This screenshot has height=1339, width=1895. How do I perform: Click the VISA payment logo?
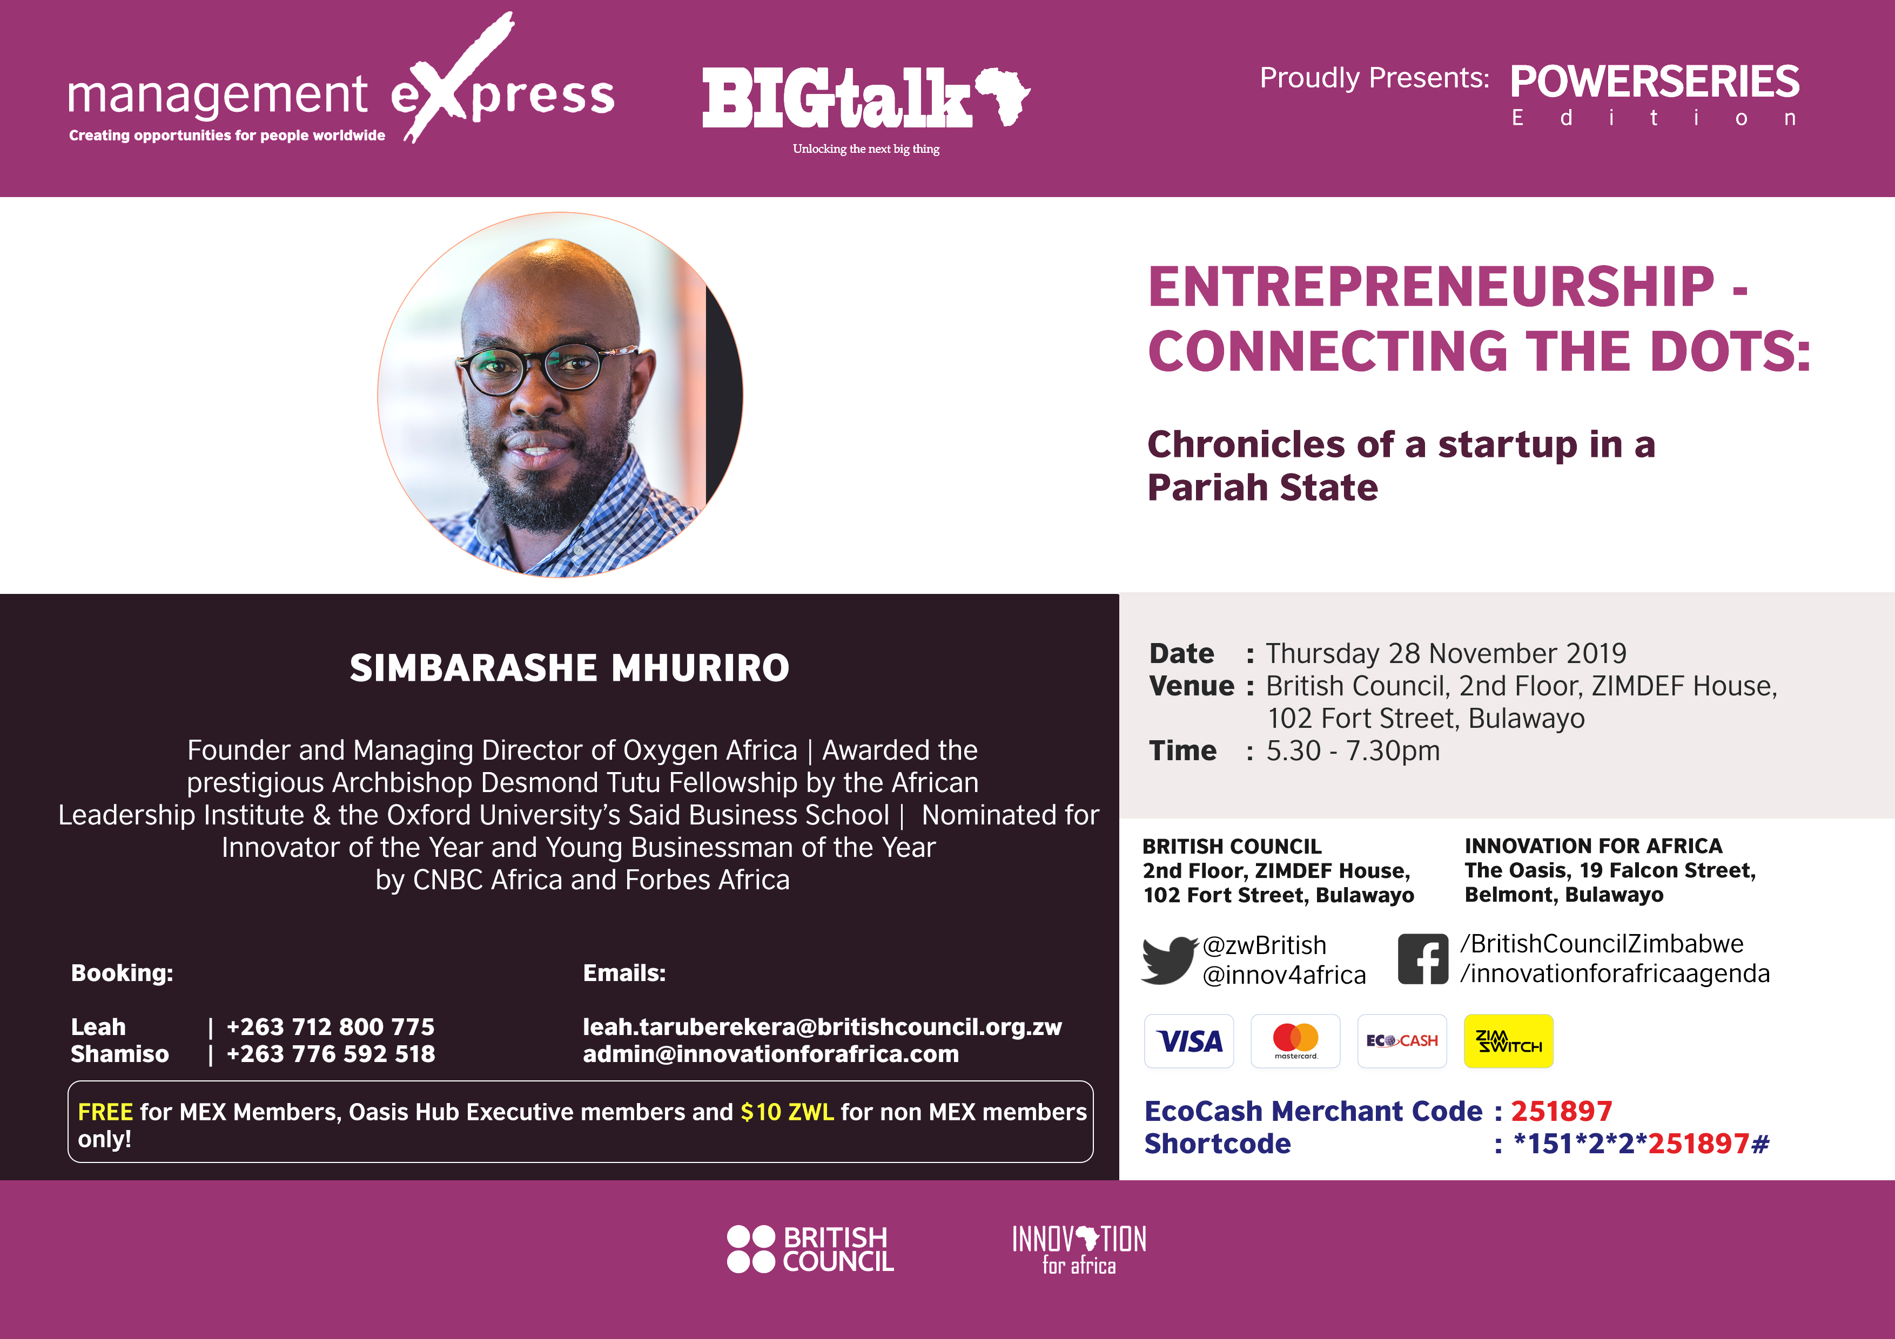pos(1188,1041)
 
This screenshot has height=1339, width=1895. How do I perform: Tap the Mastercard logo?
pos(1295,1041)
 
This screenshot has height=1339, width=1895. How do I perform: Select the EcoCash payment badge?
pos(1401,1041)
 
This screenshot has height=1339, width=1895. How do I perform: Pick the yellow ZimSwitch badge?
pos(1508,1041)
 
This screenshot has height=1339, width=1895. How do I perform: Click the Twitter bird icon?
pos(1168,959)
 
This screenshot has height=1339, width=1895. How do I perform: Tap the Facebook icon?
pos(1423,959)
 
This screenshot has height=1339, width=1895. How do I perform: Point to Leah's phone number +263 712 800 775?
pos(330,1026)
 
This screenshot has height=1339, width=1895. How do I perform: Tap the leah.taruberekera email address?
pos(822,1026)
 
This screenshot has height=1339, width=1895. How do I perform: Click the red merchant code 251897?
pos(1562,1111)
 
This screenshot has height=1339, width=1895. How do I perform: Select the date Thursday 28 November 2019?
pos(1446,653)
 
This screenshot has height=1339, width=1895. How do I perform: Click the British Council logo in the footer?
pos(810,1249)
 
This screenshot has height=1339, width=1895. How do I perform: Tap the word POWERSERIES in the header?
pos(1655,82)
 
